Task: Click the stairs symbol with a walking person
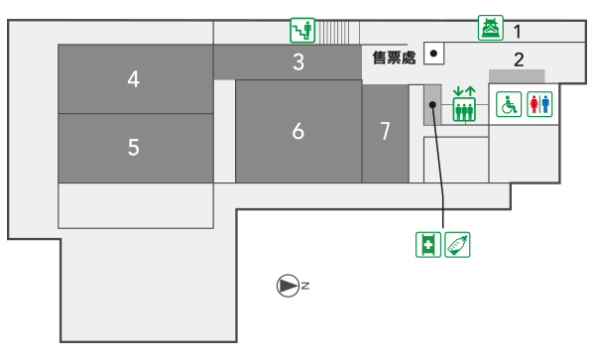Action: point(302,30)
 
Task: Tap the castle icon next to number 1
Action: point(491,28)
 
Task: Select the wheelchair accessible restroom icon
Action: point(509,104)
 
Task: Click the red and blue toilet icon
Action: point(539,104)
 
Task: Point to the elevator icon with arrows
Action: point(464,104)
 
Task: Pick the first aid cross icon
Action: point(428,245)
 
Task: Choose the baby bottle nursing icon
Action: point(457,245)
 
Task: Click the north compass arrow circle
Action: point(288,286)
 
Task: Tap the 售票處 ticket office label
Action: point(394,58)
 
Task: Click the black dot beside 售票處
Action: point(433,54)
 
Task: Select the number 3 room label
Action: point(298,61)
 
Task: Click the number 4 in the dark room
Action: point(133,79)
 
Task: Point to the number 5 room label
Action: point(134,147)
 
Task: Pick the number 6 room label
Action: point(298,131)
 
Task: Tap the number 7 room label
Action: point(385,131)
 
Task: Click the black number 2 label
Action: point(519,60)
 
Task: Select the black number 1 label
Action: point(518,32)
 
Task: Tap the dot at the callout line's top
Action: point(432,105)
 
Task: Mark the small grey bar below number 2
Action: point(517,76)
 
